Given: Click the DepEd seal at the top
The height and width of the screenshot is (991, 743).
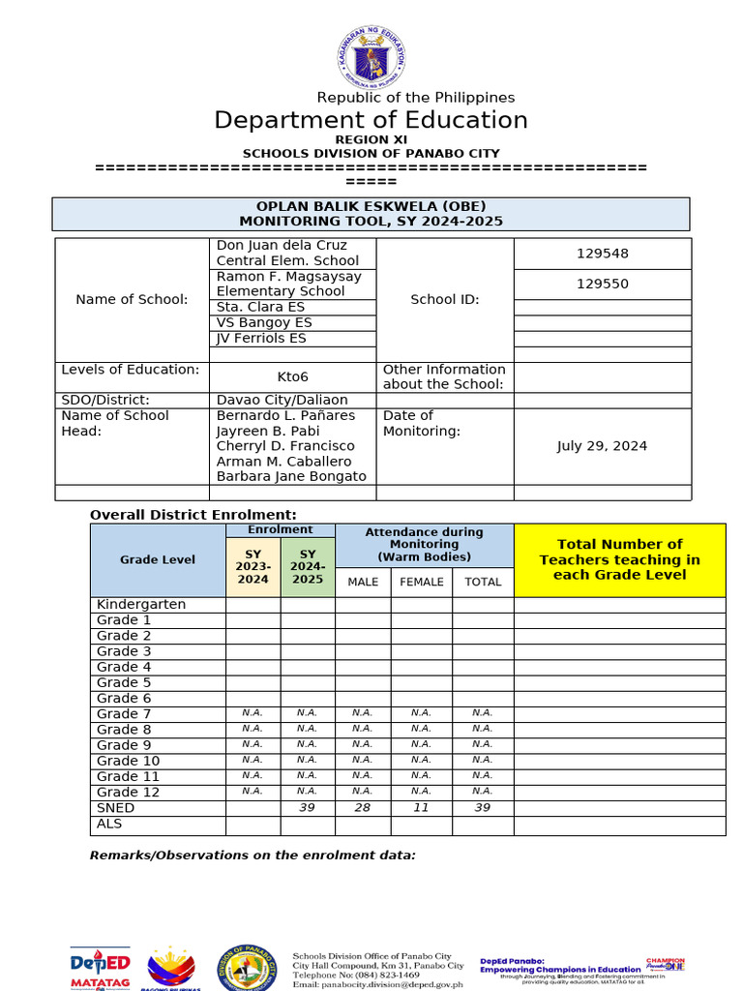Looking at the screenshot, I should (x=371, y=57).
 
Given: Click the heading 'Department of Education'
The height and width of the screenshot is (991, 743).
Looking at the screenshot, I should (x=371, y=120).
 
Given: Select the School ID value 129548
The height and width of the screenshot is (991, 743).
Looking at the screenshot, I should (x=602, y=254).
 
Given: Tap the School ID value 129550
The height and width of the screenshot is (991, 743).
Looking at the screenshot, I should (x=602, y=284).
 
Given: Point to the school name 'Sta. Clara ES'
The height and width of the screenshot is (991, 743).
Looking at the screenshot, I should (x=260, y=307).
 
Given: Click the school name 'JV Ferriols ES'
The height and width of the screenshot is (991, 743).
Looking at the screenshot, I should (x=261, y=338).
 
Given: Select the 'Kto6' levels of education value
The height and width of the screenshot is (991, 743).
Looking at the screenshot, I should (x=292, y=376).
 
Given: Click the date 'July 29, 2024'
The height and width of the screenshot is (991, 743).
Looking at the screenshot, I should (x=602, y=446).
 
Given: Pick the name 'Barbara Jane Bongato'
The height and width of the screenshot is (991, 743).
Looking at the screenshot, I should (x=291, y=476).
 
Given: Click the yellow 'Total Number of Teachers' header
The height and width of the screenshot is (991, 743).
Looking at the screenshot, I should (x=619, y=559).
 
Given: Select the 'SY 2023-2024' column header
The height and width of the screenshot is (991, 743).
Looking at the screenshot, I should (x=253, y=566).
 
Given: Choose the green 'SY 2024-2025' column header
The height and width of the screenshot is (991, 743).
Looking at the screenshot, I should (x=308, y=566).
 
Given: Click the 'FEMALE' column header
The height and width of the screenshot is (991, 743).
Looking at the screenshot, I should (x=421, y=582).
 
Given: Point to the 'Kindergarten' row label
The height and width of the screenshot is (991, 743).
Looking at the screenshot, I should (x=141, y=604).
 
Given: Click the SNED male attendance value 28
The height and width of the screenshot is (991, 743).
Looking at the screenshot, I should (x=362, y=808).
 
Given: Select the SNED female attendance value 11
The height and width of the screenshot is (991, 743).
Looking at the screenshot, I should (x=421, y=808).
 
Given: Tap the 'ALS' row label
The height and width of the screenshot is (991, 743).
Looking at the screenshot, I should (x=108, y=824).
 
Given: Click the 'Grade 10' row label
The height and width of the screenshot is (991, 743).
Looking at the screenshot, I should (x=128, y=761).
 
